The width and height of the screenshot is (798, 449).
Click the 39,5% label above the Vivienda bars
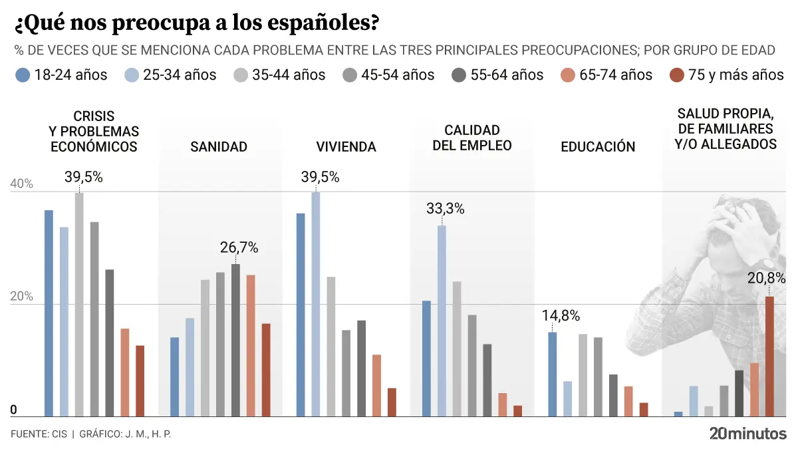click(x=320, y=177)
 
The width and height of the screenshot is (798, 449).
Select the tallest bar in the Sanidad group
click(x=235, y=340)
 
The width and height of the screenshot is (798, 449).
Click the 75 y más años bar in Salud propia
click(x=769, y=357)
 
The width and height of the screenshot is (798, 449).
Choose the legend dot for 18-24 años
click(x=23, y=75)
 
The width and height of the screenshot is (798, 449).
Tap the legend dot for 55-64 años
click(x=459, y=75)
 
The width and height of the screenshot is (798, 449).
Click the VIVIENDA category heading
click(x=346, y=146)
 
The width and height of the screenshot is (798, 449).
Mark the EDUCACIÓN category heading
click(x=598, y=146)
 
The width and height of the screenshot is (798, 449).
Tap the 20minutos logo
click(x=747, y=434)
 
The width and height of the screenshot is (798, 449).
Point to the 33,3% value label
click(x=446, y=209)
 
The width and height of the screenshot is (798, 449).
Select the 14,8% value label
click(x=561, y=315)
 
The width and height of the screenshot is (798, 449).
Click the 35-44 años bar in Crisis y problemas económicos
click(x=79, y=305)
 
